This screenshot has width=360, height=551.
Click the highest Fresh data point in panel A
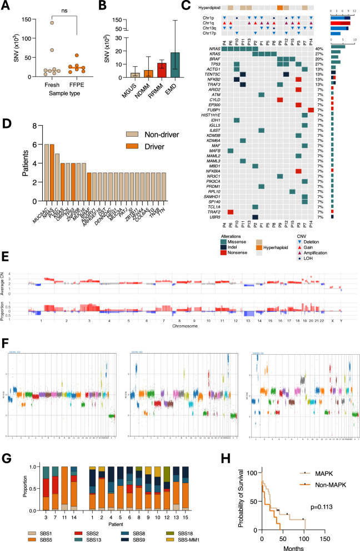[51, 23]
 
